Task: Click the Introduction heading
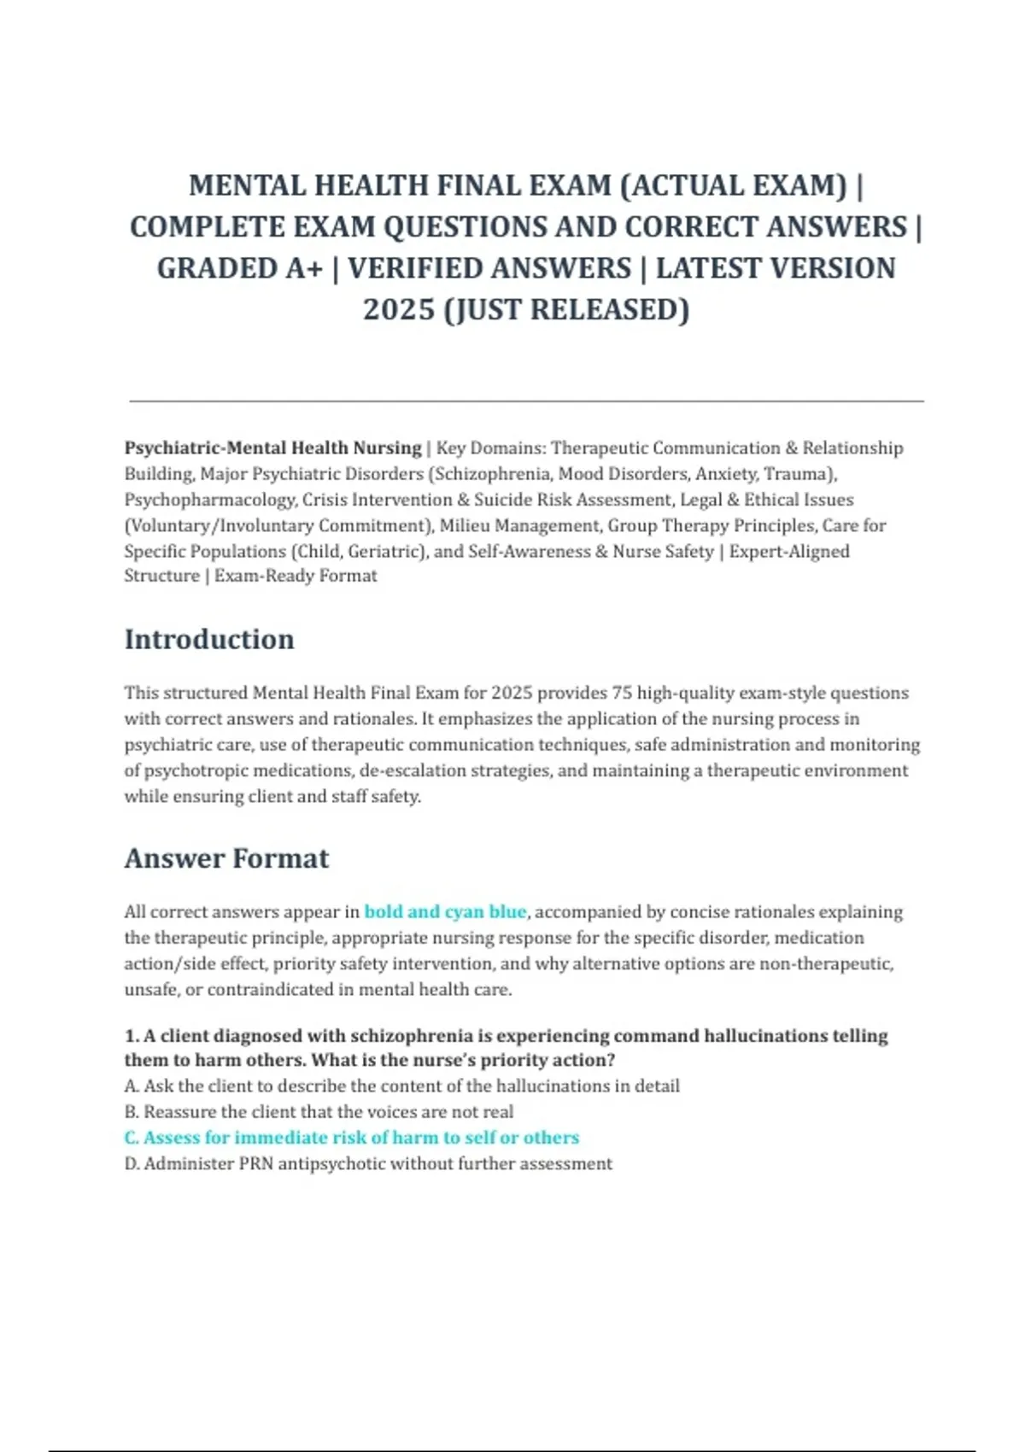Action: pyautogui.click(x=209, y=640)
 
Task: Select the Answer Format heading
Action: pyautogui.click(x=226, y=858)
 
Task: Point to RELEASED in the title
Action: pyautogui.click(x=609, y=309)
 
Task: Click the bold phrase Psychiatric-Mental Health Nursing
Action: pyautogui.click(x=272, y=448)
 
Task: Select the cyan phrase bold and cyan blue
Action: pyautogui.click(x=445, y=911)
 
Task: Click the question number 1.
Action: pyautogui.click(x=131, y=1036)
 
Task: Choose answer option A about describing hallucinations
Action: pyautogui.click(x=401, y=1086)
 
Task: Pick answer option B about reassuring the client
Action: pyautogui.click(x=319, y=1112)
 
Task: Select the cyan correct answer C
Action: pyautogui.click(x=351, y=1138)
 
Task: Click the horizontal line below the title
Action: pyautogui.click(x=526, y=400)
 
